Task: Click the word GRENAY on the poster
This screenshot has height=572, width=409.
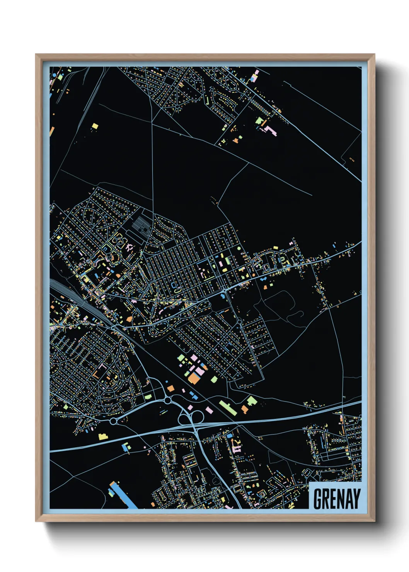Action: pos(336,499)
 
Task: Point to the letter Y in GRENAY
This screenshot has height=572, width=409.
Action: pos(356,499)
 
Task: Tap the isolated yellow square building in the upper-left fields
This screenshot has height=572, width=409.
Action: pos(95,126)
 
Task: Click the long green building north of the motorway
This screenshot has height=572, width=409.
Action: pos(228,407)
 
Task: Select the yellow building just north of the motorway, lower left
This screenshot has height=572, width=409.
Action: pos(102,436)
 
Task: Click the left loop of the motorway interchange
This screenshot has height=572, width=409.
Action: pos(183,418)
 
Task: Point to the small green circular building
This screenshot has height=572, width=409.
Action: pos(239,249)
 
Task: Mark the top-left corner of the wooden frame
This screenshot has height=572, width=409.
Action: pos(36,55)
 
